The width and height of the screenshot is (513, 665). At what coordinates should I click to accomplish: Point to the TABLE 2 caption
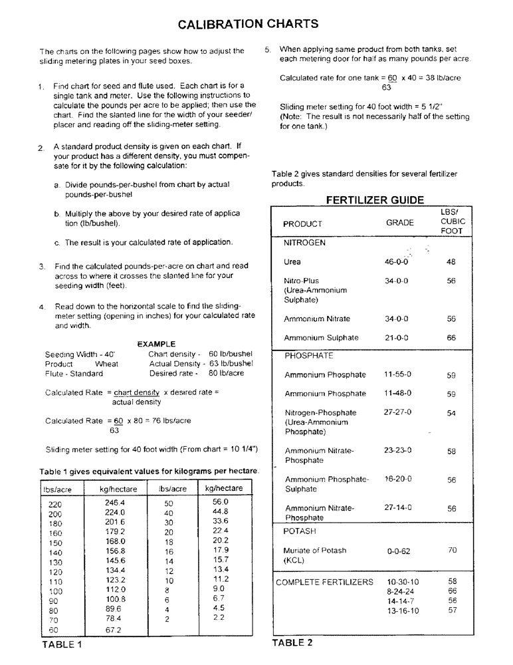(x=292, y=642)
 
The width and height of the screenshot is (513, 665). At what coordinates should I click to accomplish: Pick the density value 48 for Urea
(x=451, y=262)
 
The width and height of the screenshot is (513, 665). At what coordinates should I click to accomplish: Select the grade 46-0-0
(x=396, y=262)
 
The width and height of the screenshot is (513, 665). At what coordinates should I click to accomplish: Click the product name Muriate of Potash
(x=315, y=551)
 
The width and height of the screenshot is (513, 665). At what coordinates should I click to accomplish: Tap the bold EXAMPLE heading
(x=155, y=344)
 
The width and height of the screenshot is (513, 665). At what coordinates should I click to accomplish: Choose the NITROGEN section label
(x=304, y=243)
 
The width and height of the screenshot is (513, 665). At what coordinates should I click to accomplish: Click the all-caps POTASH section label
(x=300, y=531)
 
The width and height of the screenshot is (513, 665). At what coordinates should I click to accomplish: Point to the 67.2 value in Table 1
(x=114, y=629)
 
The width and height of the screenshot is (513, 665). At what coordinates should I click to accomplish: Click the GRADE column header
(x=399, y=223)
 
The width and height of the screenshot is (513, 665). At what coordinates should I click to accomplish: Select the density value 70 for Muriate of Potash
(x=452, y=550)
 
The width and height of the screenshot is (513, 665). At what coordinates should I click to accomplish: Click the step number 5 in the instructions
(x=267, y=49)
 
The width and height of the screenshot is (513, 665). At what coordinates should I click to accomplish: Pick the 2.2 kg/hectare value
(x=219, y=618)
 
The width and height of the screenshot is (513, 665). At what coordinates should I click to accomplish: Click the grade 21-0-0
(x=396, y=338)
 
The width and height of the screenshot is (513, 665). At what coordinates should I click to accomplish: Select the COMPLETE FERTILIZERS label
(x=325, y=582)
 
